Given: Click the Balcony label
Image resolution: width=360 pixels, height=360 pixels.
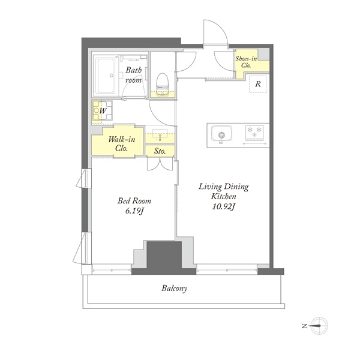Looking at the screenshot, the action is point(174,289).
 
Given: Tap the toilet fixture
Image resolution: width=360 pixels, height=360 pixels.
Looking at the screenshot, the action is point(163,84).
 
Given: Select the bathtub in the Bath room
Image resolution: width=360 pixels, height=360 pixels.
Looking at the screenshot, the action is point(106,76).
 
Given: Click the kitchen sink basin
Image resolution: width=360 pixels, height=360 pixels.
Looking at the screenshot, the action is point(221,134).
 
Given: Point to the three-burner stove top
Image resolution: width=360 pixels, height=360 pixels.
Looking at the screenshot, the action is point(254,133).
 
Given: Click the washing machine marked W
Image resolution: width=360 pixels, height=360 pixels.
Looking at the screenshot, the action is point(103,111).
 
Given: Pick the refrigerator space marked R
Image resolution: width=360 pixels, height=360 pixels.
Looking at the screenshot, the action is point(258,84).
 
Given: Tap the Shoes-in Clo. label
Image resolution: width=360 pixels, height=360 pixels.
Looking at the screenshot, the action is point(246,62).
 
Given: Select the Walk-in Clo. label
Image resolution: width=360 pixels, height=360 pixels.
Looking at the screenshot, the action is point(122,143).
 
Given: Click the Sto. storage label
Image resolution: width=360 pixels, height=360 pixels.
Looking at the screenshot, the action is point(160,151).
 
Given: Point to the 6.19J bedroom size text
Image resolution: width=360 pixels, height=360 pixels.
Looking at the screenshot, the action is point(134,211).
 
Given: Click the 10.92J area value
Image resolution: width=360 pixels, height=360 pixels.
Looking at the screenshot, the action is point(223,207).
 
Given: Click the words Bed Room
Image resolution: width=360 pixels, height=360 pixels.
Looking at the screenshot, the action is point(134,201).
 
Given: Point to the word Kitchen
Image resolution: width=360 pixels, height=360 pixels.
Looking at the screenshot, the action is point(223,197).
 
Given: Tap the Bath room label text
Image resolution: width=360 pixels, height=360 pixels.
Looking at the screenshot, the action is point(134,75).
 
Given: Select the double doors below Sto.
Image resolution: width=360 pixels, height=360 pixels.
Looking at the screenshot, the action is point(160,164).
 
